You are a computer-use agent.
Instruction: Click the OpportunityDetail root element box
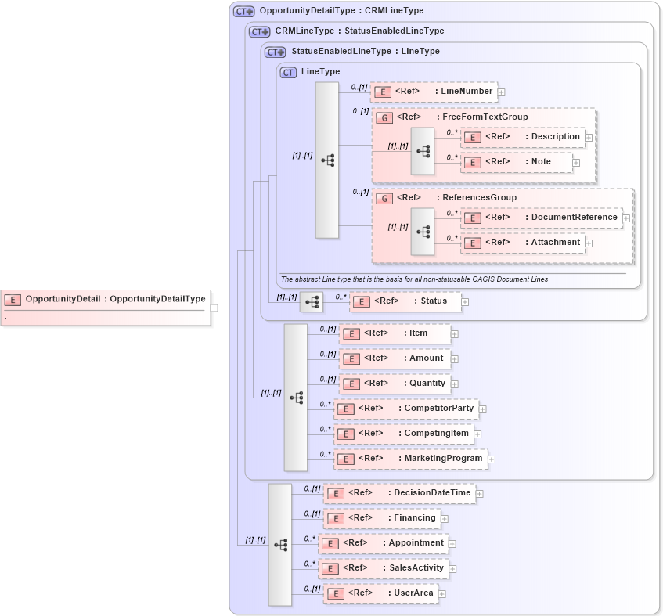click(x=106, y=299)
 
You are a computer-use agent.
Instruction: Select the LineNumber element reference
click(x=434, y=92)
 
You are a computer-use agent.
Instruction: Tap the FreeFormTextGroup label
click(x=485, y=117)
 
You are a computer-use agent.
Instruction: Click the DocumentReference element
click(x=541, y=218)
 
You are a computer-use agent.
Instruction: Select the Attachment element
click(x=523, y=243)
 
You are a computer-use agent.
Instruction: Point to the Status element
click(x=405, y=301)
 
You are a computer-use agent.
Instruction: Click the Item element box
click(x=395, y=333)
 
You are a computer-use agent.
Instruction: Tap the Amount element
click(x=395, y=358)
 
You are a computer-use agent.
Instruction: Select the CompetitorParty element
click(x=406, y=409)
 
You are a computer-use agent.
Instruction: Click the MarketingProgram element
click(x=410, y=459)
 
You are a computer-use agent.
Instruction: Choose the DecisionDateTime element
click(x=399, y=493)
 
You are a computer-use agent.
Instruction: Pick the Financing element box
click(x=382, y=518)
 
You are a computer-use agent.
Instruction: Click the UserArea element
click(x=380, y=593)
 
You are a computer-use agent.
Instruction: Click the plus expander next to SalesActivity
click(x=452, y=569)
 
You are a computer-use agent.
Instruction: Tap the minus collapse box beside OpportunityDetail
click(x=214, y=308)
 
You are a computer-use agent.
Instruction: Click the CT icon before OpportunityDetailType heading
click(x=244, y=12)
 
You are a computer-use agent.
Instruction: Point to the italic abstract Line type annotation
click(x=414, y=279)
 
